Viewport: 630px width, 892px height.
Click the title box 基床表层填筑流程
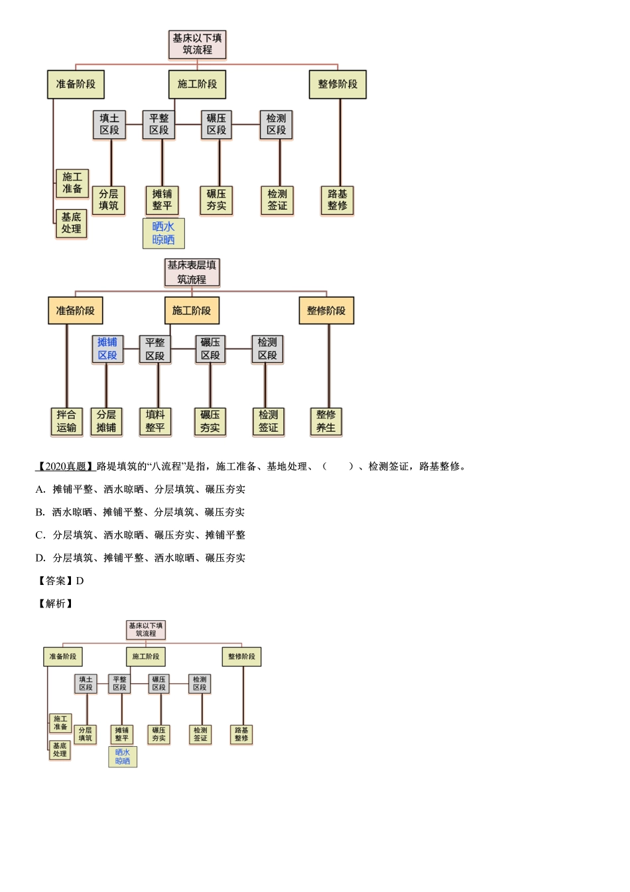pyautogui.click(x=192, y=272)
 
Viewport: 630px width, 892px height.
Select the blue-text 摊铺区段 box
pyautogui.click(x=107, y=349)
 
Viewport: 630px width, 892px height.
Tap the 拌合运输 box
pyautogui.click(x=66, y=421)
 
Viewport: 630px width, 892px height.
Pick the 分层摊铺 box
pyautogui.click(x=106, y=421)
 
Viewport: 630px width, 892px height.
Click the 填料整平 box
pyautogui.click(x=155, y=421)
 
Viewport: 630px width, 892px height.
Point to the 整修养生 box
pyautogui.click(x=326, y=421)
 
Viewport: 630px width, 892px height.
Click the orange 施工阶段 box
pyautogui.click(x=192, y=310)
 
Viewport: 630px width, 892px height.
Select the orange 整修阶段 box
pyautogui.click(x=326, y=310)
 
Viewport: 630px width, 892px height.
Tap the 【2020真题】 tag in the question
pyautogui.click(x=65, y=466)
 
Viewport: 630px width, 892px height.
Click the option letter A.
pyautogui.click(x=40, y=489)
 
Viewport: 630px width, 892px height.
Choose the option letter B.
pyautogui.click(x=40, y=512)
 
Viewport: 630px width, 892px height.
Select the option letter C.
pyautogui.click(x=40, y=535)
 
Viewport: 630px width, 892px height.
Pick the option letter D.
pyautogui.click(x=40, y=558)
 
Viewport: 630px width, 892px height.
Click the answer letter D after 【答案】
pyautogui.click(x=80, y=581)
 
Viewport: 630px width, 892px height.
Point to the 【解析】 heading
pyautogui.click(x=55, y=604)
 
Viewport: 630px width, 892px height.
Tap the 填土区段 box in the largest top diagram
pyautogui.click(x=109, y=125)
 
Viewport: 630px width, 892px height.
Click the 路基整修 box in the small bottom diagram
pyautogui.click(x=241, y=734)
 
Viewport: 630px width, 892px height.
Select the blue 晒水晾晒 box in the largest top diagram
pyautogui.click(x=163, y=233)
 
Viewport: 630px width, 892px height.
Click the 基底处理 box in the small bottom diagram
pyautogui.click(x=60, y=750)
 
